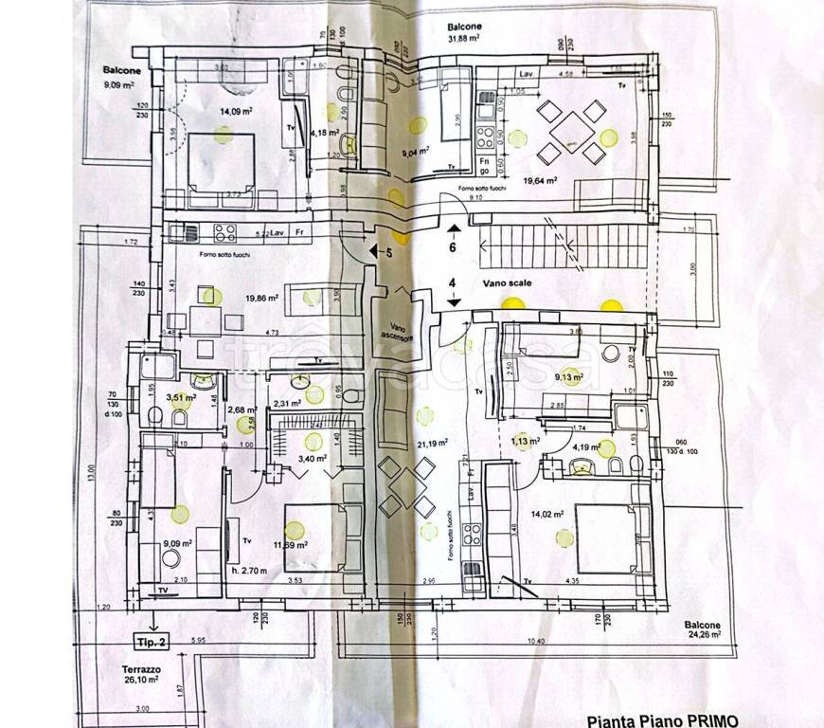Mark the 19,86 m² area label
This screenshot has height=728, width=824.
click(x=259, y=297)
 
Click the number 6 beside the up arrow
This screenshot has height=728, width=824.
click(x=453, y=246)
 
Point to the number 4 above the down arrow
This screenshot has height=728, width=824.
click(x=453, y=282)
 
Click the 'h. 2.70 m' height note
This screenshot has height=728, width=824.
click(x=249, y=569)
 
